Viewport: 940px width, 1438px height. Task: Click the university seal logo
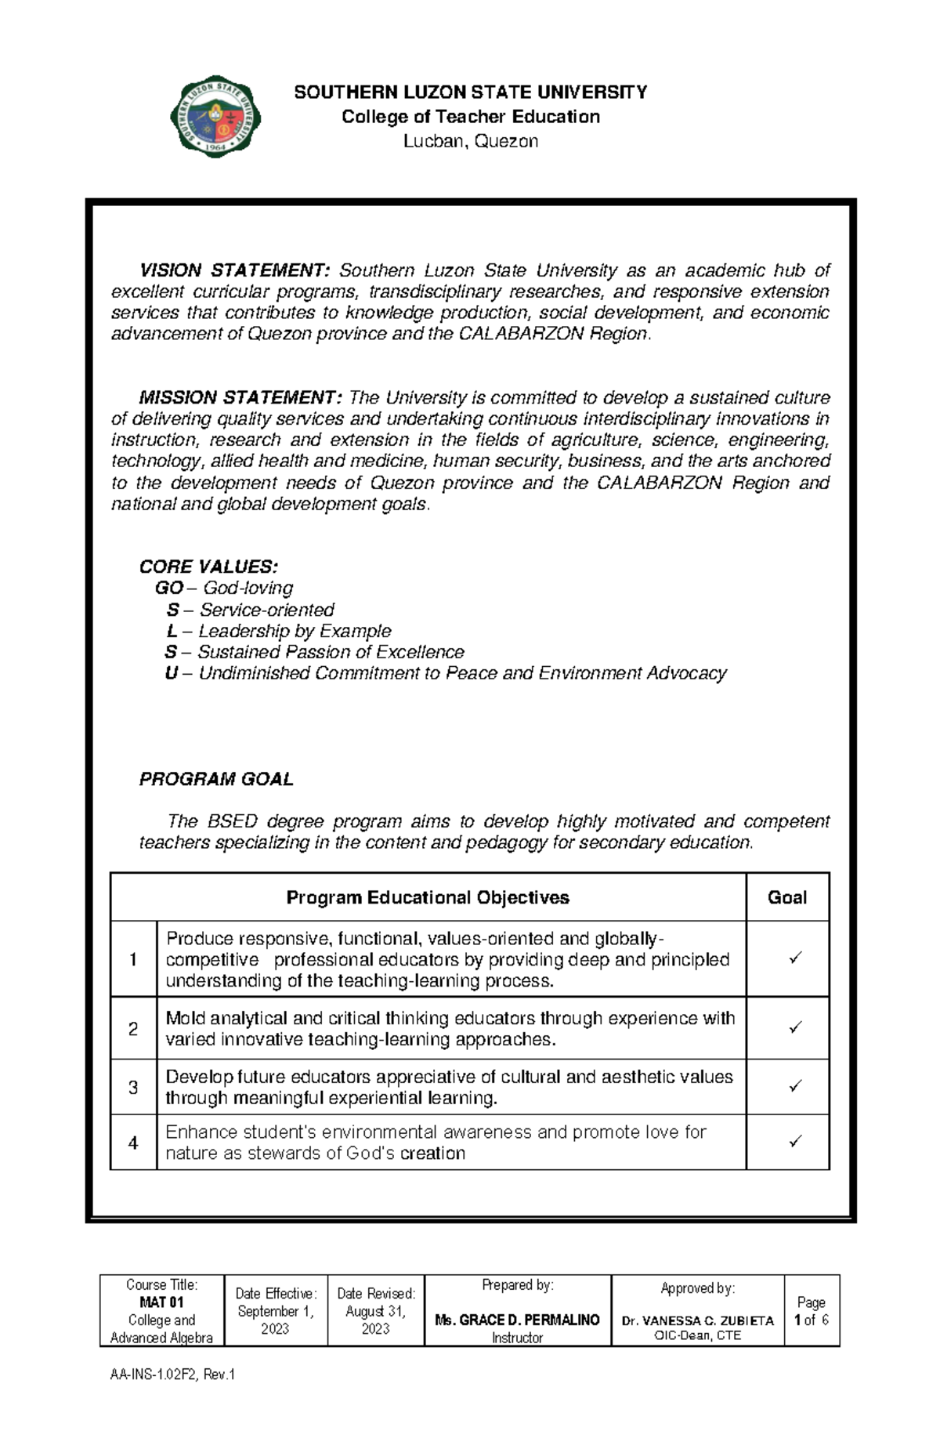[x=215, y=118]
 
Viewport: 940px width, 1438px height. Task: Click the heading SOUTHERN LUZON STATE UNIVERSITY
[x=470, y=92]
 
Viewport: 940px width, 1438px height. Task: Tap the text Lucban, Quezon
[x=470, y=142]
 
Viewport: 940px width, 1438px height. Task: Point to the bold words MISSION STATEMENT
[x=240, y=398]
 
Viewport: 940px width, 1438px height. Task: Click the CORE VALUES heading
[x=208, y=567]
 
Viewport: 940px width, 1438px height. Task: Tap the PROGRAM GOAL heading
[x=216, y=779]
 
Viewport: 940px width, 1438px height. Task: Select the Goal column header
[x=786, y=898]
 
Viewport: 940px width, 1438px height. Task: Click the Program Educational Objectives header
[x=428, y=898]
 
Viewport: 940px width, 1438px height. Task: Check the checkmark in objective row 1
[x=795, y=958]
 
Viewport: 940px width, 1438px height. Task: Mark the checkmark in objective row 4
[x=795, y=1142]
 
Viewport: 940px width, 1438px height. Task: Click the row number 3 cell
[x=133, y=1088]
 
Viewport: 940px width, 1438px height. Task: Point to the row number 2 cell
[x=133, y=1028]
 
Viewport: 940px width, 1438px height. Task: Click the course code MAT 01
[x=161, y=1302]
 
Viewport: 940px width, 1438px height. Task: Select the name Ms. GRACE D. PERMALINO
[x=517, y=1320]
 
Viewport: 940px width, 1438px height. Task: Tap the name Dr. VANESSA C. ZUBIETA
[x=697, y=1320]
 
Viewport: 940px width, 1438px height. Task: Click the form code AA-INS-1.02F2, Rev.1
[x=172, y=1375]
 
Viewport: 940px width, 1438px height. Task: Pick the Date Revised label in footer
[x=376, y=1294]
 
